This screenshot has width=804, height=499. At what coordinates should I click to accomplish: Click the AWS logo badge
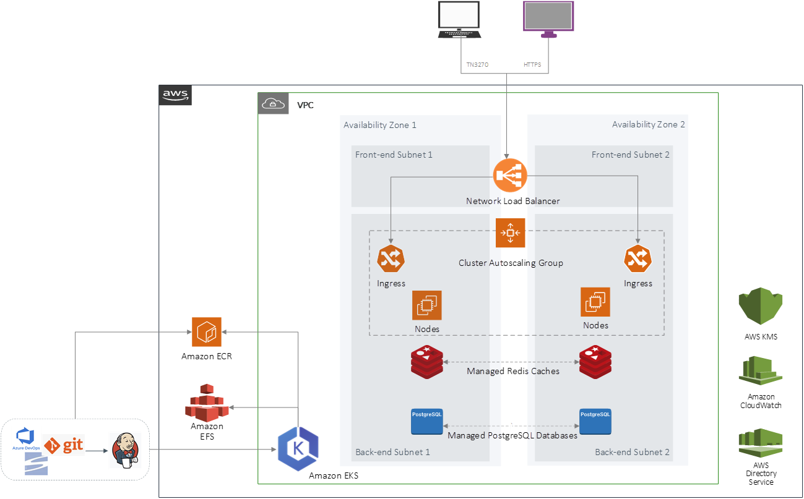point(175,95)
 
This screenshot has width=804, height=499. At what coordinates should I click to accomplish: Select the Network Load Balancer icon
point(511,176)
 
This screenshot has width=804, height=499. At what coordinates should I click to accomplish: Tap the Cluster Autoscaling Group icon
point(511,233)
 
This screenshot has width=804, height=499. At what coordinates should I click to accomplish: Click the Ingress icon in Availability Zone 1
point(391,259)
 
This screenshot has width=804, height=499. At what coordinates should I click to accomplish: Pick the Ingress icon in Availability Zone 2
point(638,259)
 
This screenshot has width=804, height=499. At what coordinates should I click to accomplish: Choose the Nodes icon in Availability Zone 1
point(427,305)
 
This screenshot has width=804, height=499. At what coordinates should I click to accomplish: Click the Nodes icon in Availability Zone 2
point(595,302)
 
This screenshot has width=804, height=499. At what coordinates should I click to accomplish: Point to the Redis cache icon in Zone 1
point(427,362)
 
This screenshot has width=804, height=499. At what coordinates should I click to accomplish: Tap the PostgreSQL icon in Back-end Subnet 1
point(427,421)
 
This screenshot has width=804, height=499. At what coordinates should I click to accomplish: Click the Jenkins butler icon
point(125,450)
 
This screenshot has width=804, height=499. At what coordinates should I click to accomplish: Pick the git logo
point(64,445)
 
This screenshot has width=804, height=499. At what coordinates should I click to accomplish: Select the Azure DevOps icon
point(26,438)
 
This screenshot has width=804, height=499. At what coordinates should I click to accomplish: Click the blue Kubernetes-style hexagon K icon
point(298,450)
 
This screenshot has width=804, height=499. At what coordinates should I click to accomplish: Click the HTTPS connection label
point(532,65)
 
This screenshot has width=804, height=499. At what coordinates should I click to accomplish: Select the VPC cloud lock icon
point(273,104)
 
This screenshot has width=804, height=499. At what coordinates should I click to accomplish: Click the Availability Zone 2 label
point(648,124)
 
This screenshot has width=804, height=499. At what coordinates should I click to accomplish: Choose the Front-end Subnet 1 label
point(394,155)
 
